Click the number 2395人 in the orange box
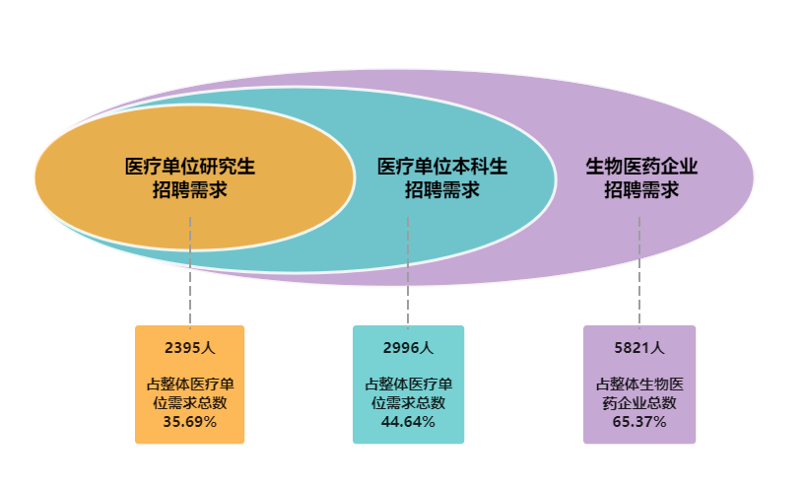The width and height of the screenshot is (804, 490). pyautogui.click(x=189, y=347)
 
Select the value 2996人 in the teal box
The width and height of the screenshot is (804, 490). pyautogui.click(x=408, y=347)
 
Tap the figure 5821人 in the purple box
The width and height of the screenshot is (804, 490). pyautogui.click(x=639, y=347)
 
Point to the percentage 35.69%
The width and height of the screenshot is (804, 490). pyautogui.click(x=189, y=421)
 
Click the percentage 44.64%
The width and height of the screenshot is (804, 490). pyautogui.click(x=408, y=421)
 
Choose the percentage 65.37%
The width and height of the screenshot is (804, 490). pyautogui.click(x=639, y=421)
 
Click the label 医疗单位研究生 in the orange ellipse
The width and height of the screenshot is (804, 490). pyautogui.click(x=190, y=167)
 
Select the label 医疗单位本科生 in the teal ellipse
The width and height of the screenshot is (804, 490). pyautogui.click(x=442, y=167)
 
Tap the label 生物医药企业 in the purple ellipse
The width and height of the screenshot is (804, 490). pyautogui.click(x=641, y=167)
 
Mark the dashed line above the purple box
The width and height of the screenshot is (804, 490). pyautogui.click(x=639, y=276)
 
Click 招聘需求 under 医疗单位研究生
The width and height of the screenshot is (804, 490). pyautogui.click(x=190, y=189)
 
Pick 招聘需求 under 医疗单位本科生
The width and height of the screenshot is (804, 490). pyautogui.click(x=442, y=189)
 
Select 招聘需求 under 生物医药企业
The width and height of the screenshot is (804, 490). pyautogui.click(x=641, y=189)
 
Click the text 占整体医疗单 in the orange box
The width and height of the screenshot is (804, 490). pyautogui.click(x=189, y=384)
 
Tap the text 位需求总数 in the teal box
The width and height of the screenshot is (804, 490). pyautogui.click(x=408, y=402)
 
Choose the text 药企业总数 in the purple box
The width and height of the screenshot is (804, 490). pyautogui.click(x=639, y=402)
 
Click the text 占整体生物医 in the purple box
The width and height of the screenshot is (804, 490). pyautogui.click(x=639, y=384)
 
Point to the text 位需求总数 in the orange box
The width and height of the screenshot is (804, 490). pyautogui.click(x=189, y=402)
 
